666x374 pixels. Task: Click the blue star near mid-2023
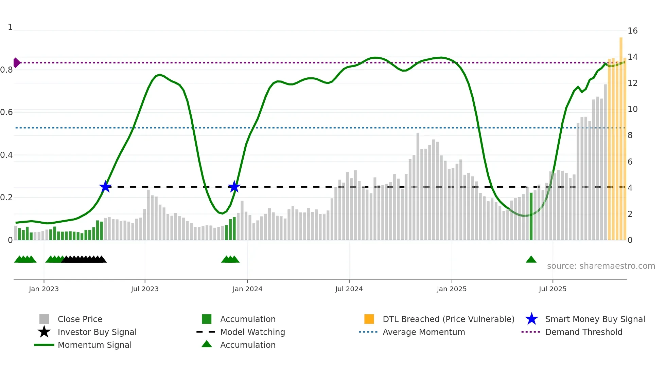(x=105, y=187)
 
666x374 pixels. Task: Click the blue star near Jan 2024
(x=234, y=187)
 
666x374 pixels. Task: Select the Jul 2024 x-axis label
(x=349, y=289)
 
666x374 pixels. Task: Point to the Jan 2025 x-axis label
(x=452, y=289)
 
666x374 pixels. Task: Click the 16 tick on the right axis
(x=632, y=31)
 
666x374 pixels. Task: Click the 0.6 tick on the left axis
(x=7, y=112)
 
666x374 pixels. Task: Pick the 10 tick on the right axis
(x=632, y=109)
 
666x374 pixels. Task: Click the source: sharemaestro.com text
(x=601, y=266)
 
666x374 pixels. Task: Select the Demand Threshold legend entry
(x=583, y=332)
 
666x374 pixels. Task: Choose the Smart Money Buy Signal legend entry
(x=595, y=319)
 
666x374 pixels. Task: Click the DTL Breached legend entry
(x=448, y=319)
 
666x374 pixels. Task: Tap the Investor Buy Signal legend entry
(x=97, y=332)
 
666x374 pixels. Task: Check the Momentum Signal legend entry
(x=94, y=345)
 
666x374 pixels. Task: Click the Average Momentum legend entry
(x=423, y=332)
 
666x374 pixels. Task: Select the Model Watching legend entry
(x=252, y=332)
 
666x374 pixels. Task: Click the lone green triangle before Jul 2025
(x=531, y=260)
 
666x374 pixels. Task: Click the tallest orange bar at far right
(x=621, y=136)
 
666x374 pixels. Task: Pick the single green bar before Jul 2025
(x=531, y=217)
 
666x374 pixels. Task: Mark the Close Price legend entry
(x=80, y=319)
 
